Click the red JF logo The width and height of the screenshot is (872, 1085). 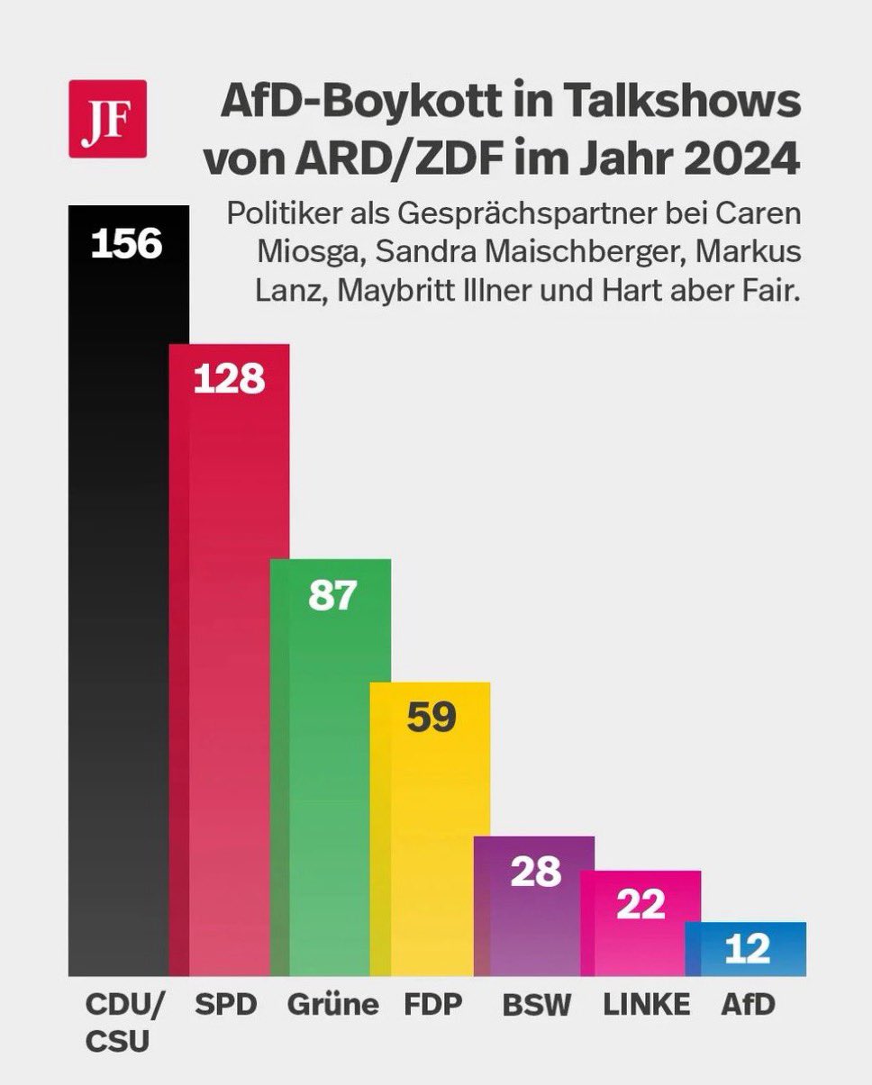107,119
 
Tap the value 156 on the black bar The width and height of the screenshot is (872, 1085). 126,243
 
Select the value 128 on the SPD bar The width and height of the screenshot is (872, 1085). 229,379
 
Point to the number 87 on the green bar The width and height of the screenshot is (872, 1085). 332,596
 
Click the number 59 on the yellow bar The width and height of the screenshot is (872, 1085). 431,717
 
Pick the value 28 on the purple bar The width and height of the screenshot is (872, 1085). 535,872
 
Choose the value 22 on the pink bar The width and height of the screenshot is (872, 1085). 640,904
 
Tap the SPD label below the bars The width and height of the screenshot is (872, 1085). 226,1004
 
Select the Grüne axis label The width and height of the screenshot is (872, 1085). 332,1004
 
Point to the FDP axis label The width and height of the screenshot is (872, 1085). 432,1004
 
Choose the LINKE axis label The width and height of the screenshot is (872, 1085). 647,1004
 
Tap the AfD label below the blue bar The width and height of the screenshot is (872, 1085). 748,1004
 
